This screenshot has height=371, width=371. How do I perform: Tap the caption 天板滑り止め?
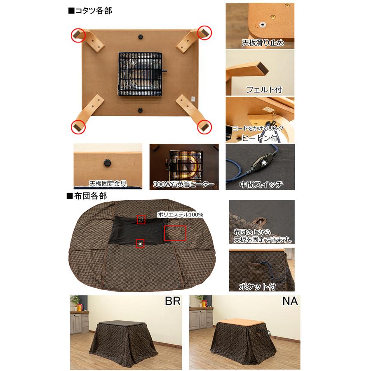(x=263, y=42)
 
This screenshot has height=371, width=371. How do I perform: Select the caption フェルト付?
(x=264, y=89)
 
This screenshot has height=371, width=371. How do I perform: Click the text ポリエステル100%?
(x=180, y=214)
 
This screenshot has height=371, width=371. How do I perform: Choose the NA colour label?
(x=290, y=301)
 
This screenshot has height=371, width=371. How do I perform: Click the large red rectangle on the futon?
(x=175, y=233)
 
